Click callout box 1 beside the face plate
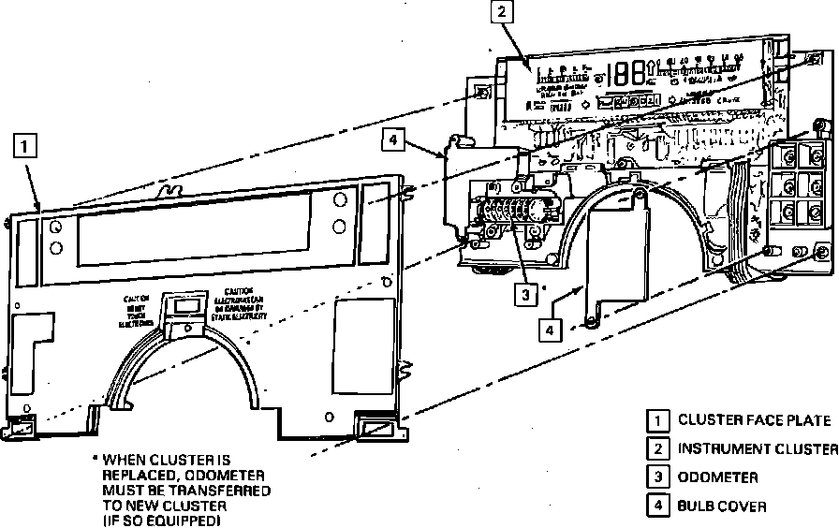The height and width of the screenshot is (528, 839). pyautogui.click(x=26, y=146)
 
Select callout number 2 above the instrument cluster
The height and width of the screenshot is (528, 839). pyautogui.click(x=503, y=12)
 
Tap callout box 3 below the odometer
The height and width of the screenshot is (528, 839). pyautogui.click(x=527, y=294)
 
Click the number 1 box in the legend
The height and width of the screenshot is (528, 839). pyautogui.click(x=659, y=419)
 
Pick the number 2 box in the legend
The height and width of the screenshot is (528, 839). pyautogui.click(x=659, y=448)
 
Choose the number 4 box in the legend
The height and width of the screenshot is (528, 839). pyautogui.click(x=659, y=506)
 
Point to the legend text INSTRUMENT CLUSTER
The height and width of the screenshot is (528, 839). pyautogui.click(x=758, y=448)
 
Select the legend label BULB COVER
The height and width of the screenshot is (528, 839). pyautogui.click(x=722, y=506)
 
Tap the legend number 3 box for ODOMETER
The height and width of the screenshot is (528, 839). pyautogui.click(x=659, y=477)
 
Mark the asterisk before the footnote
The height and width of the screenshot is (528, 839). pyautogui.click(x=94, y=460)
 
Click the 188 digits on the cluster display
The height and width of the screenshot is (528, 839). pyautogui.click(x=630, y=74)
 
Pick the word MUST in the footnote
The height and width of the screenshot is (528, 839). pyautogui.click(x=120, y=490)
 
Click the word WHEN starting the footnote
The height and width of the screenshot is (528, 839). pyautogui.click(x=123, y=460)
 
